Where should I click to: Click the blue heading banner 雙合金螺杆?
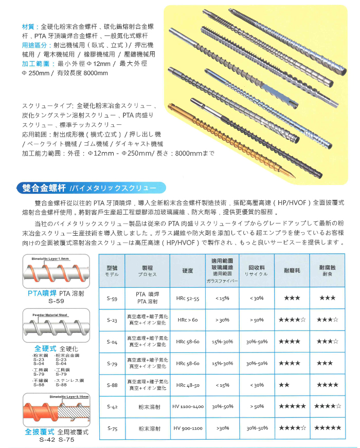pyautogui.click(x=42, y=187)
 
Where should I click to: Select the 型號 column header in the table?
pyautogui.click(x=113, y=271)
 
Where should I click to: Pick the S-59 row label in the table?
pyautogui.click(x=113, y=298)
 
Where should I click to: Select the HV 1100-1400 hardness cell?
pyautogui.click(x=188, y=406)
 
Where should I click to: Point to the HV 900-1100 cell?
pyautogui.click(x=188, y=428)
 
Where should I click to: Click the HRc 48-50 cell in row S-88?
pyautogui.click(x=188, y=385)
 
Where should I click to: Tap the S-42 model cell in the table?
pyautogui.click(x=113, y=406)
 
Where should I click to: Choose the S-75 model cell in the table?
pyautogui.click(x=113, y=428)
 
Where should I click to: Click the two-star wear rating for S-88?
pyautogui.click(x=284, y=385)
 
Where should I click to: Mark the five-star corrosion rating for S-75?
pyautogui.click(x=328, y=428)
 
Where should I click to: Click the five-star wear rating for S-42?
pyautogui.click(x=292, y=406)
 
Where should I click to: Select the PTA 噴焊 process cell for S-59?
pyautogui.click(x=148, y=298)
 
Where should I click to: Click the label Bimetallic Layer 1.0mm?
pyautogui.click(x=50, y=258)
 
